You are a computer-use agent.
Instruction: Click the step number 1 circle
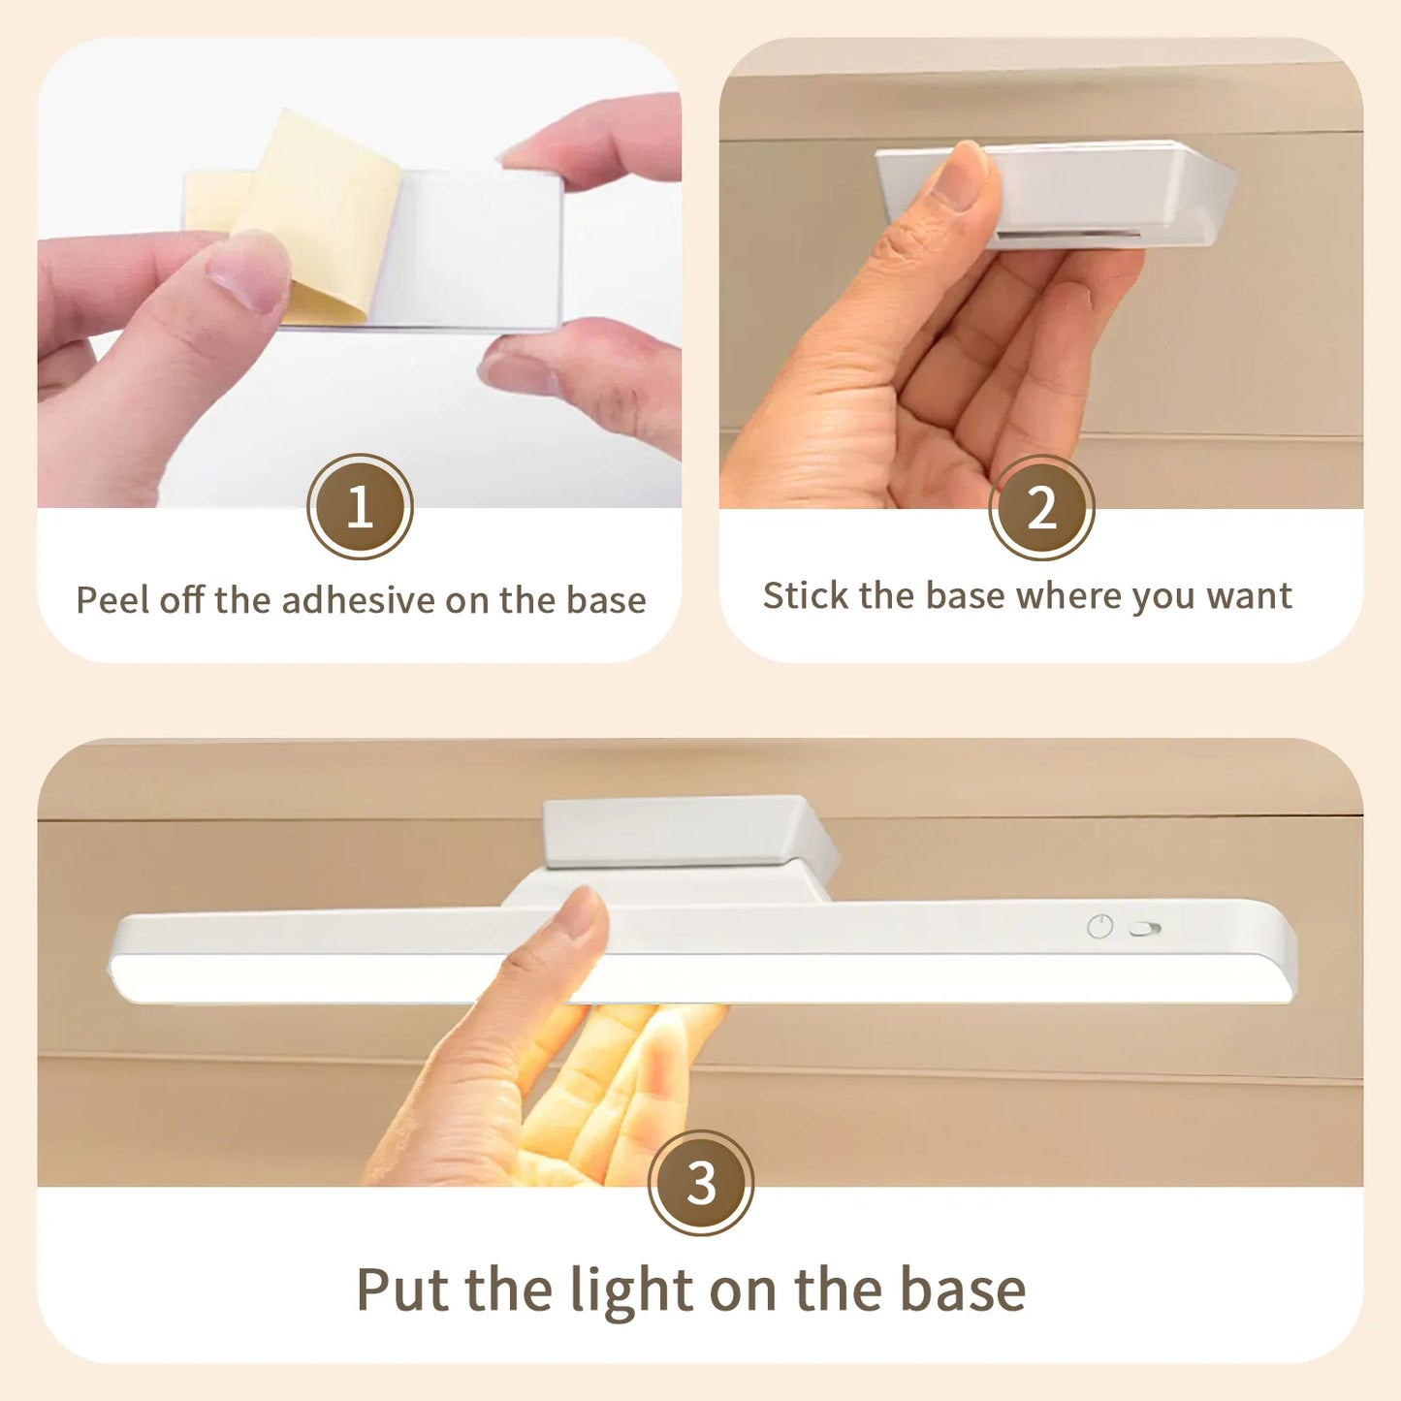[360, 506]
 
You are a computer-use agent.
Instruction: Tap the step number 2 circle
[1041, 507]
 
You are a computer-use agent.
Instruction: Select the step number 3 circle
[700, 1182]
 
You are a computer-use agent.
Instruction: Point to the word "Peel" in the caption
[112, 600]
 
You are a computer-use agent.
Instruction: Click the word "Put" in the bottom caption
[403, 1290]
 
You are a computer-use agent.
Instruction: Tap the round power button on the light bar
[1099, 927]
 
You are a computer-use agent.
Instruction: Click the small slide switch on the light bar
[1145, 929]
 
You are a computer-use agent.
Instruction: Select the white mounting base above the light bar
[679, 831]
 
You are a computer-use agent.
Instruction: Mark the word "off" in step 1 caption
[181, 600]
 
